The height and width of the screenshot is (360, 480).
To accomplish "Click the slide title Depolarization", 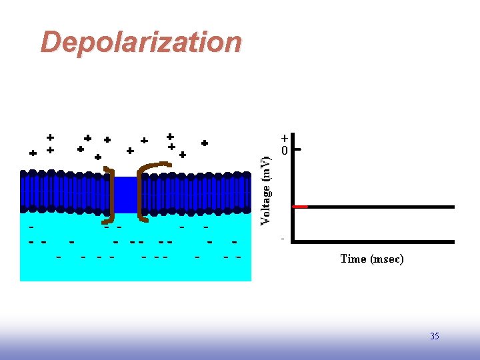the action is tap(141, 42).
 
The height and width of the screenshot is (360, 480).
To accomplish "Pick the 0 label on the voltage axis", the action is tap(285, 151).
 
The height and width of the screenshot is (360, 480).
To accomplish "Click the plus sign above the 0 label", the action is tap(285, 139).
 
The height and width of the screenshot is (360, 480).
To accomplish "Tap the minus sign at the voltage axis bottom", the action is tap(283, 238).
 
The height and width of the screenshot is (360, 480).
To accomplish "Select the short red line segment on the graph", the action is tap(301, 207).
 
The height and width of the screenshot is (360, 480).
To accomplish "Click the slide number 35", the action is tap(435, 336).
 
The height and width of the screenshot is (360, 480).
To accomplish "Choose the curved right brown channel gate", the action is tap(147, 180).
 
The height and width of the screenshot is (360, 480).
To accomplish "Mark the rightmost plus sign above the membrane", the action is tap(205, 143).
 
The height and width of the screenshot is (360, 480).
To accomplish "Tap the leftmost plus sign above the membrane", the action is tap(33, 153).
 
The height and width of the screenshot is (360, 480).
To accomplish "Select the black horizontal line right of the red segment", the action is tap(381, 207).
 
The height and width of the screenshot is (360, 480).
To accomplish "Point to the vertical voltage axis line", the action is tap(295, 193).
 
